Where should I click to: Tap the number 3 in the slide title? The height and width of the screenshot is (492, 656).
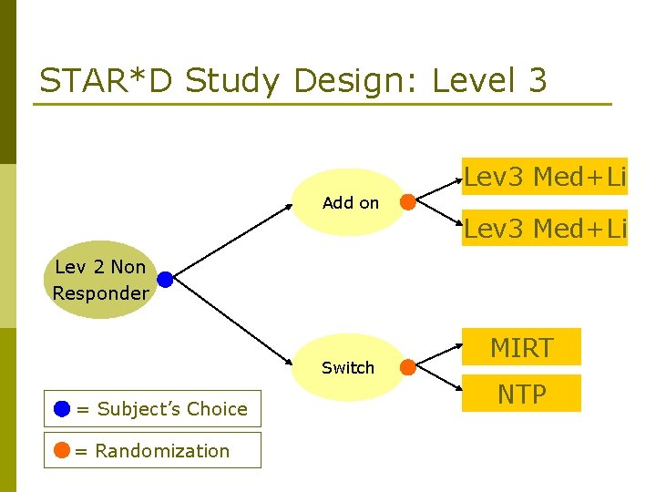tap(537, 81)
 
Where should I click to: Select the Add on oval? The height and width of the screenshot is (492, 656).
tap(351, 202)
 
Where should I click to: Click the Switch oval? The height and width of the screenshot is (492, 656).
tap(348, 367)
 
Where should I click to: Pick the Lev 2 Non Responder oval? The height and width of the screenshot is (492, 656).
tap(100, 281)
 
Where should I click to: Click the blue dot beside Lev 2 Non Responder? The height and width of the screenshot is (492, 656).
tap(165, 280)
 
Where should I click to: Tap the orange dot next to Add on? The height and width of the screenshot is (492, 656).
tap(408, 202)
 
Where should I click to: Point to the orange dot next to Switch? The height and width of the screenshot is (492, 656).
tap(408, 367)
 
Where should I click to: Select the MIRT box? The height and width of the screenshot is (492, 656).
tap(521, 347)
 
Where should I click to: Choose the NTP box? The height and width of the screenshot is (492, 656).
tap(521, 394)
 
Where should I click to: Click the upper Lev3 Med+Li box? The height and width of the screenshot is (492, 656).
tap(544, 176)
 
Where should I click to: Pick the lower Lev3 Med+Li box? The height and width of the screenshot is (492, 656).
tap(544, 228)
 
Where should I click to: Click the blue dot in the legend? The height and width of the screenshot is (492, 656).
tap(61, 408)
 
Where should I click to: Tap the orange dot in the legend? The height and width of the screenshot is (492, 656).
tap(61, 450)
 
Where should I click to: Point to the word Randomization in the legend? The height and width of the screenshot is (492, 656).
tap(162, 451)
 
